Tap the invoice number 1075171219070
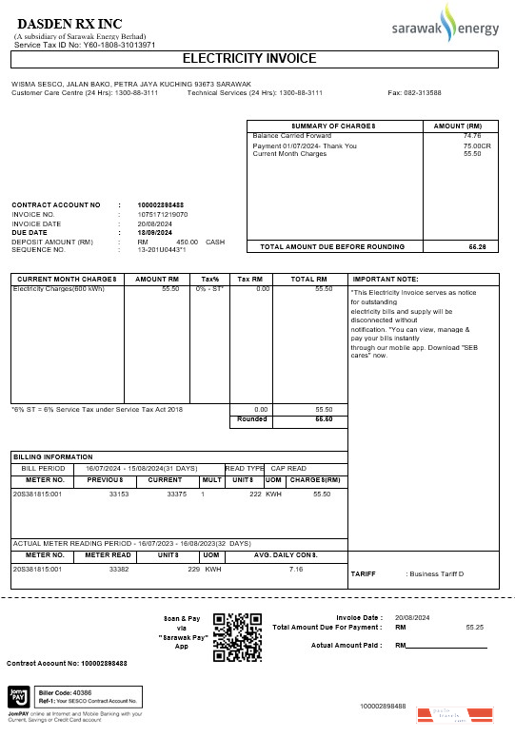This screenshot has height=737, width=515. tap(163, 215)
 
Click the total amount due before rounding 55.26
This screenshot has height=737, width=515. tap(477, 246)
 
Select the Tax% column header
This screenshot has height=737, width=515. tap(209, 279)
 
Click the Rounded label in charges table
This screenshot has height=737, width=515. tap(252, 418)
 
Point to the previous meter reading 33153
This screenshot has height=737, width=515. tap(119, 495)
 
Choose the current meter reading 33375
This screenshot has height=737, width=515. tap(176, 495)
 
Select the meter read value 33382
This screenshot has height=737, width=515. tap(119, 569)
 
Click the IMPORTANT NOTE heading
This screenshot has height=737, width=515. tap(386, 279)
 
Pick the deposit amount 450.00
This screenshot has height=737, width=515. tap(187, 242)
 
